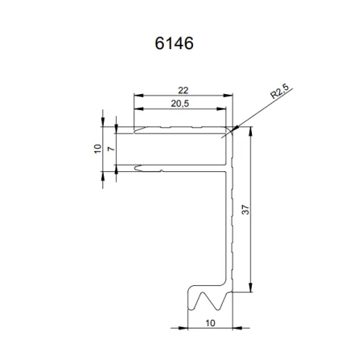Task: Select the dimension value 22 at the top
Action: coord(183,92)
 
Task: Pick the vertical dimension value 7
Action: coord(110,149)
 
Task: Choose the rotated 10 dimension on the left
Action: coord(97,149)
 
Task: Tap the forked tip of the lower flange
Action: coord(138,169)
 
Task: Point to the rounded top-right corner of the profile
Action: coord(230,128)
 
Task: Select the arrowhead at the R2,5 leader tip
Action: coord(233,128)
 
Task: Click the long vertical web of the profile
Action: coord(228,225)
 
